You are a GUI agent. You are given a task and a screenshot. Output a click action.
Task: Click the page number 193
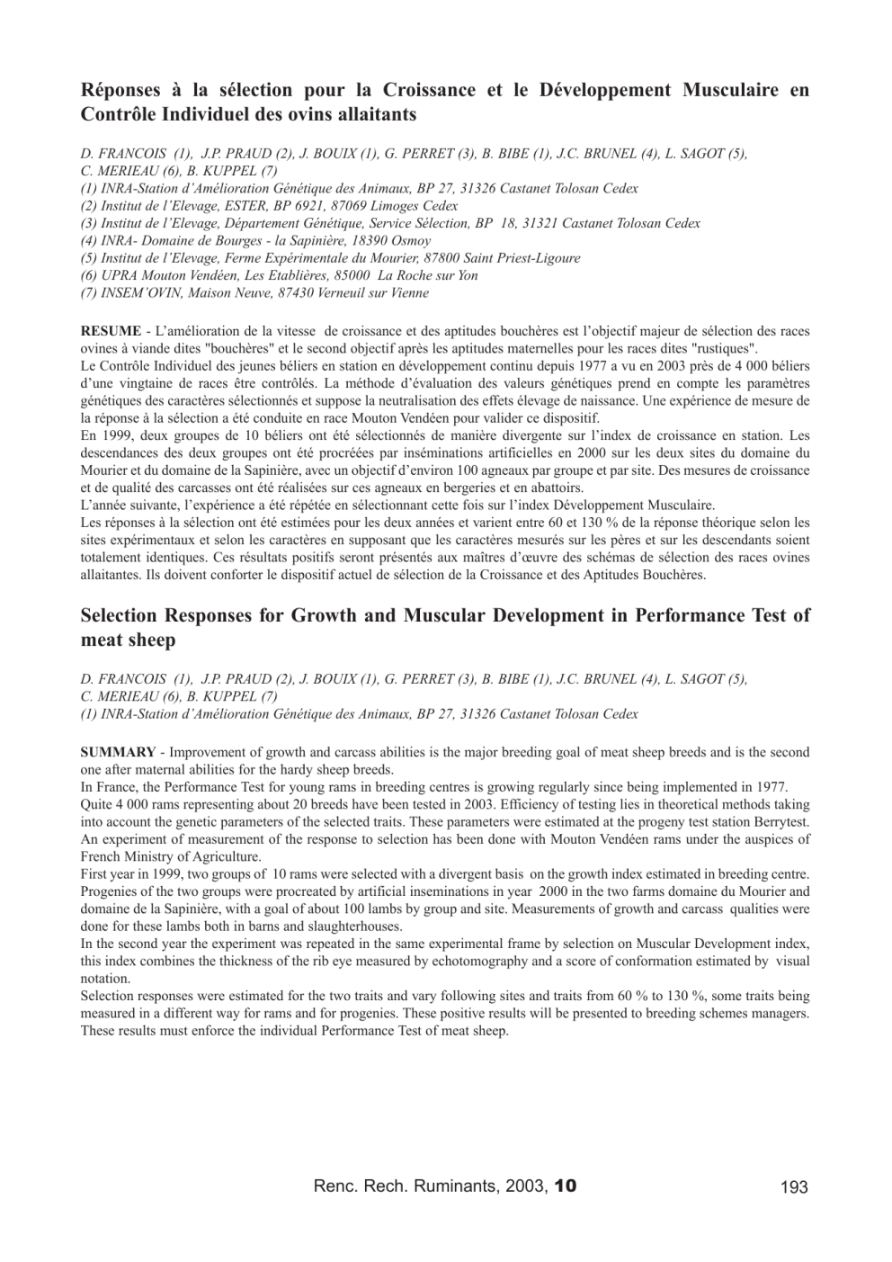[794, 1187]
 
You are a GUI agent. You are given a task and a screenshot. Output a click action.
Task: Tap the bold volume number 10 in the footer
[566, 1186]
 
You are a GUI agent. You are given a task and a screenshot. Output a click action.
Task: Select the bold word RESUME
[111, 332]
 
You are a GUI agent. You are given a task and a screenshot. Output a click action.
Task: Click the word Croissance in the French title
[430, 91]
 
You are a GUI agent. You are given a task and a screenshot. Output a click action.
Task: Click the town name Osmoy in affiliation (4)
[411, 241]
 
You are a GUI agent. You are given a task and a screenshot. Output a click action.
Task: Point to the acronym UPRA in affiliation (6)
[120, 276]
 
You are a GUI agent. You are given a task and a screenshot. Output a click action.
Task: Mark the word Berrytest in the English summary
[781, 822]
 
